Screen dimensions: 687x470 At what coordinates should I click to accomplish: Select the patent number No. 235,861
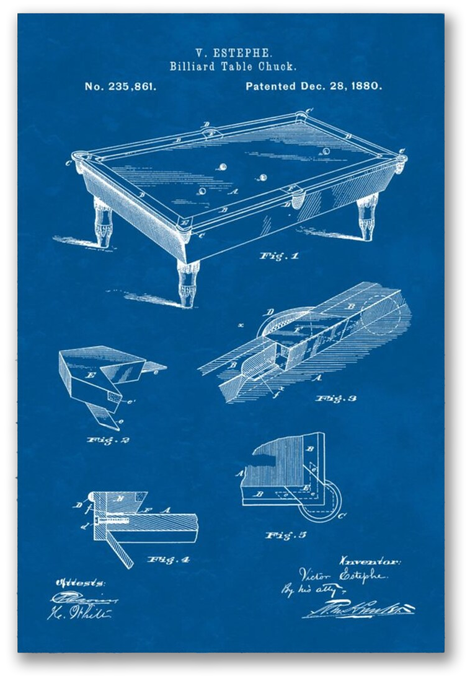(120, 87)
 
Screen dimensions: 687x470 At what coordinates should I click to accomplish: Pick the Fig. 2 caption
(108, 440)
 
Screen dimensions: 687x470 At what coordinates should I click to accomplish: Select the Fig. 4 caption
(168, 560)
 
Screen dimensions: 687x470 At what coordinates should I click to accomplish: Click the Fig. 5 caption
(286, 535)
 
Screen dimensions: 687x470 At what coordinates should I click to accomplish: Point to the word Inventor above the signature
(370, 561)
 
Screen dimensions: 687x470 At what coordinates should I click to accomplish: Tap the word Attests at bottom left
(81, 583)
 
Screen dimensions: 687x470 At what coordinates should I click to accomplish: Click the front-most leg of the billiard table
(188, 282)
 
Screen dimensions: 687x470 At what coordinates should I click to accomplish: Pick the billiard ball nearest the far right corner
(326, 151)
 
